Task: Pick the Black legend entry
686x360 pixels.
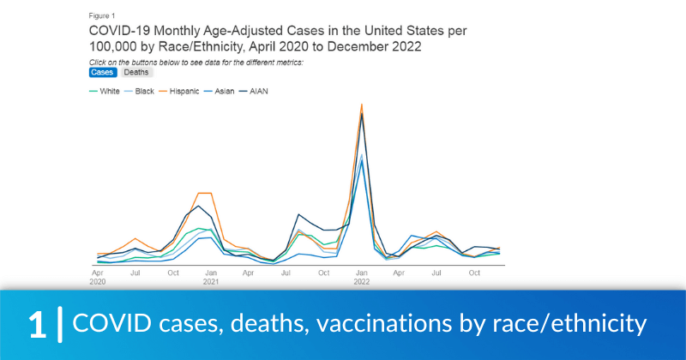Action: (x=144, y=90)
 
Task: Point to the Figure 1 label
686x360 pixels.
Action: (x=102, y=15)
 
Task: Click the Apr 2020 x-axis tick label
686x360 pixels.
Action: (x=97, y=277)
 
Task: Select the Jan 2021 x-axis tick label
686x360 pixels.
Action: (x=210, y=277)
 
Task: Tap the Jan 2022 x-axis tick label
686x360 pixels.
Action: (x=361, y=277)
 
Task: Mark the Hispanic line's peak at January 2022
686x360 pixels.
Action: (x=362, y=105)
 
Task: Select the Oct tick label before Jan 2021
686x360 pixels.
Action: (x=172, y=273)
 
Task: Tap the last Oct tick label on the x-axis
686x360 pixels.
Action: (x=474, y=273)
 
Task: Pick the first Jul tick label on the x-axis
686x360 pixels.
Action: (x=135, y=273)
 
